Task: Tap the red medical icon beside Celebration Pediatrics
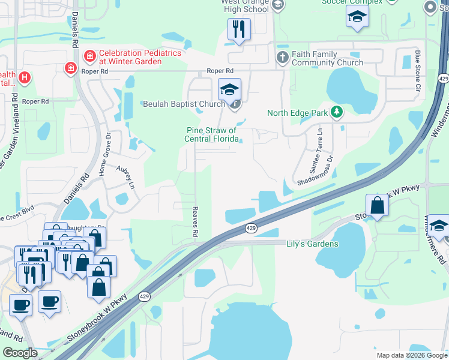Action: point(90,56)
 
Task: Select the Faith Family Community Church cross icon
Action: point(283,58)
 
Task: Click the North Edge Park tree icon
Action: point(337,112)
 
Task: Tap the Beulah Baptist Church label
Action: point(184,104)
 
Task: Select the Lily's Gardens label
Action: point(312,244)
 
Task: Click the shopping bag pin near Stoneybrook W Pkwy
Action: point(377,205)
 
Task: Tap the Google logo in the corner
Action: point(20,353)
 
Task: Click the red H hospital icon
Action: point(25,77)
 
